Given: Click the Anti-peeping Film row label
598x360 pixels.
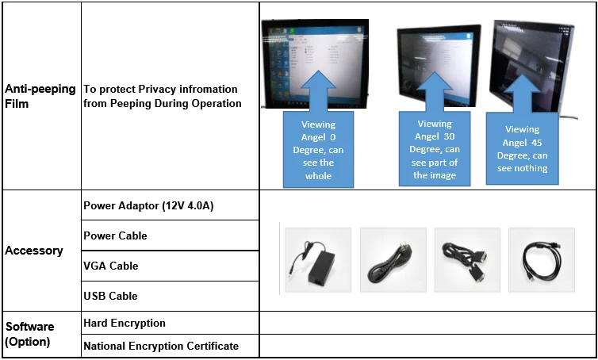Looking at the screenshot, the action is pyautogui.click(x=40, y=96).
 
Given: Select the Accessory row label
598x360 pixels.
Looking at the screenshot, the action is pyautogui.click(x=34, y=251).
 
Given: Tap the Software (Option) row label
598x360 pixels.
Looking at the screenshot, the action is pyautogui.click(x=30, y=334).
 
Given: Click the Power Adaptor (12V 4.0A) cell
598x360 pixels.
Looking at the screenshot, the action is pyautogui.click(x=148, y=206).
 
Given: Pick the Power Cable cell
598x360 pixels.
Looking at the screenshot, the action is pyautogui.click(x=115, y=236).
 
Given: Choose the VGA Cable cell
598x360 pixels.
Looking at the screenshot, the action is pyautogui.click(x=111, y=266).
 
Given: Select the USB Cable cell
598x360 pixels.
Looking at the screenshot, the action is pyautogui.click(x=110, y=296).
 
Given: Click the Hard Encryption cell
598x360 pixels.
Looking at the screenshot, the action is pyautogui.click(x=125, y=323).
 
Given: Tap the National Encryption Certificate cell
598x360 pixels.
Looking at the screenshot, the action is pyautogui.click(x=161, y=346).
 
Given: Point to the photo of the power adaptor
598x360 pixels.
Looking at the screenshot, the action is pyautogui.click(x=318, y=259).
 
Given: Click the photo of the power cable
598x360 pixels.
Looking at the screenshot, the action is pyautogui.click(x=393, y=259).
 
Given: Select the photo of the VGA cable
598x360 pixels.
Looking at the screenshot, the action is pyautogui.click(x=466, y=259).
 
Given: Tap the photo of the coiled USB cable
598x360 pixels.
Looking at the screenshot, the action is pyautogui.click(x=541, y=259).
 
